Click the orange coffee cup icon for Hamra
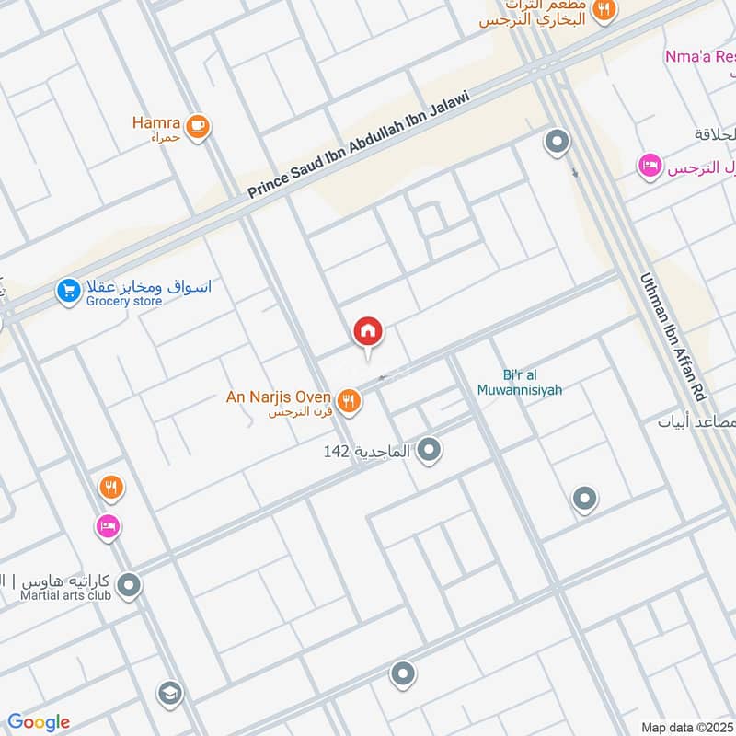(197, 126)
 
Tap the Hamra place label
(155, 121)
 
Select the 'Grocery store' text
(124, 301)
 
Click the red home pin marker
(368, 332)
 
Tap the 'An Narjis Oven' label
(278, 397)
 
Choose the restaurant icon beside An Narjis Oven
(348, 400)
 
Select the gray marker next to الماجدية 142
(428, 450)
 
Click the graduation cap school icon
(169, 692)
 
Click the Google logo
(39, 722)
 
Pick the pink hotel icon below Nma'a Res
(650, 167)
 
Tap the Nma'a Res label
(699, 57)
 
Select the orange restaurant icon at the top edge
(604, 9)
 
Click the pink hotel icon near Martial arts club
(109, 526)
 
